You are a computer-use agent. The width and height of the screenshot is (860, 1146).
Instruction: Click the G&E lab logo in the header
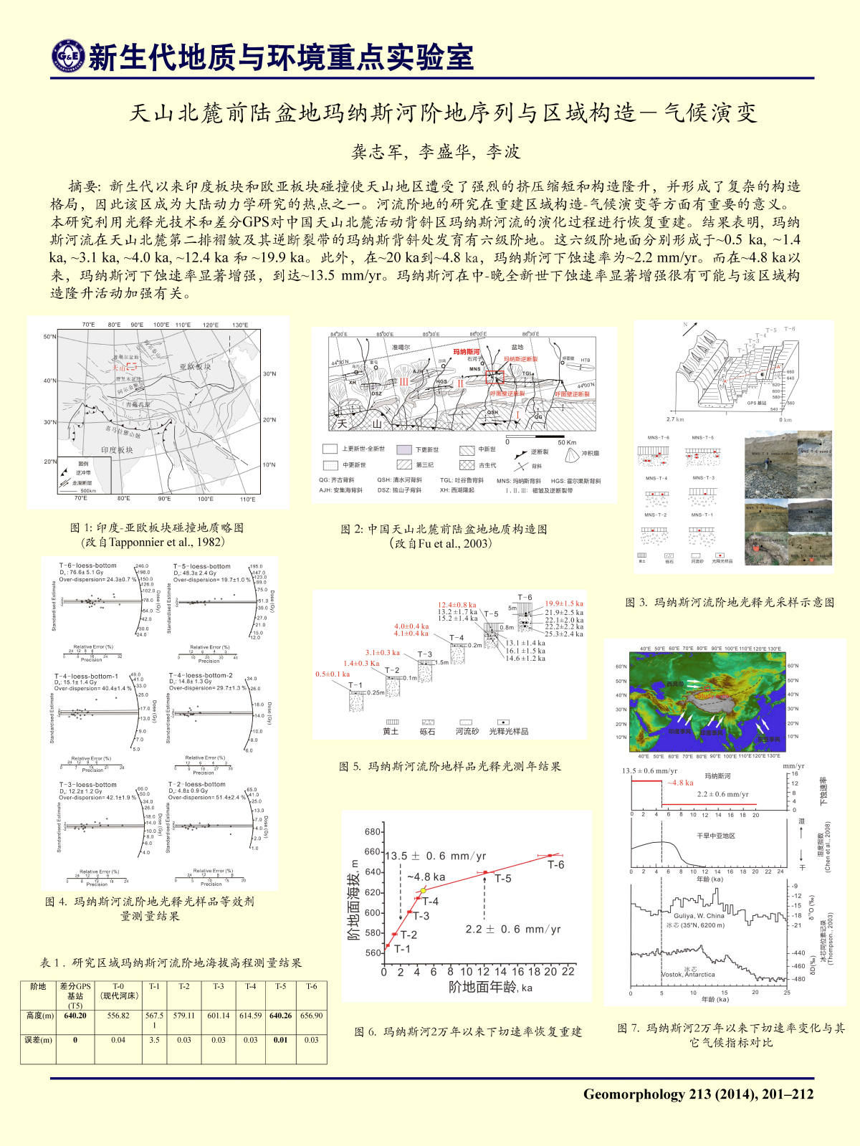(x=68, y=57)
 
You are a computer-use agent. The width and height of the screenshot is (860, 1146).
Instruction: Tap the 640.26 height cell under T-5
(x=281, y=1016)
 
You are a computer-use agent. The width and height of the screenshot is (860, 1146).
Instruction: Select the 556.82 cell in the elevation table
(x=118, y=1016)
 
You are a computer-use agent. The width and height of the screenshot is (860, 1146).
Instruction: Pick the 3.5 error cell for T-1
(x=154, y=1040)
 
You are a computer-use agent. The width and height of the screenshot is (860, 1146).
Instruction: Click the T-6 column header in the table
(x=312, y=986)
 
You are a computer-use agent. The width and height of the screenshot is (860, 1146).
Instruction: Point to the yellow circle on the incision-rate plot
(x=424, y=890)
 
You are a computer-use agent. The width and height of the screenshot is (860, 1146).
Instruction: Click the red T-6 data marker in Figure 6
(x=550, y=855)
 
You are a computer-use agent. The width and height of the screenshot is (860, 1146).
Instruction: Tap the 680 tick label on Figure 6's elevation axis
(x=373, y=832)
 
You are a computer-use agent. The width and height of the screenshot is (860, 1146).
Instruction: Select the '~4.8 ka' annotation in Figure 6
(x=426, y=877)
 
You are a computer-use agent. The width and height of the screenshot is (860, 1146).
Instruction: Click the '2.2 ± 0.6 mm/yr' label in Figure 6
(x=513, y=930)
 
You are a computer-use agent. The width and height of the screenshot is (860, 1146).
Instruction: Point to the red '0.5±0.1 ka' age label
(x=333, y=674)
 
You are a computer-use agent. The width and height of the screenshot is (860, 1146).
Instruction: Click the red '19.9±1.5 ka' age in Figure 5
(x=564, y=603)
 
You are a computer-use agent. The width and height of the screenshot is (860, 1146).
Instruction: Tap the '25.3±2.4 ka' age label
(x=564, y=634)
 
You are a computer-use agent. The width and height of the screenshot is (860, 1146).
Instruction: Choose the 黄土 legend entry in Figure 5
(x=391, y=731)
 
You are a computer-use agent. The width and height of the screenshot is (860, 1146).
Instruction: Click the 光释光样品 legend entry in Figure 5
(x=508, y=731)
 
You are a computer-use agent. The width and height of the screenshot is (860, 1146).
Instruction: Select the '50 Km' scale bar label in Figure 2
(x=567, y=442)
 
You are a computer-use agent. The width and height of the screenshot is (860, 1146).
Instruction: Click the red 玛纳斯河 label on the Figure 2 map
(x=467, y=352)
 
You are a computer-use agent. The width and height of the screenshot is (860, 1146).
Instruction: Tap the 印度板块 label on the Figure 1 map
(x=117, y=450)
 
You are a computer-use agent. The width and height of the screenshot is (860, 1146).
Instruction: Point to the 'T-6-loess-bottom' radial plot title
(x=87, y=566)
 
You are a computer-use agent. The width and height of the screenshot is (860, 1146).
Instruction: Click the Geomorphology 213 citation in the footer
(x=698, y=1094)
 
